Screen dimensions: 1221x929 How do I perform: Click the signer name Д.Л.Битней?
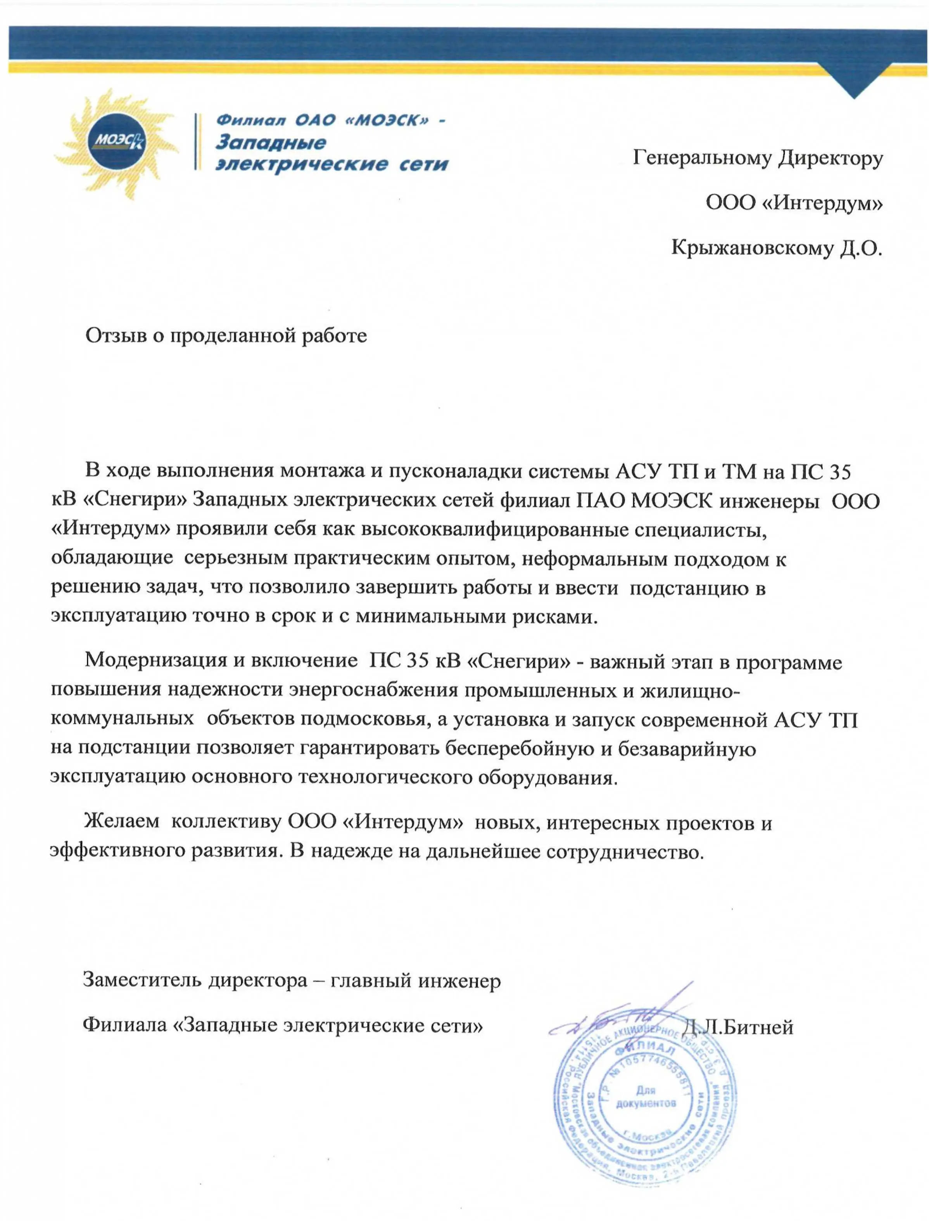pyautogui.click(x=738, y=1027)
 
